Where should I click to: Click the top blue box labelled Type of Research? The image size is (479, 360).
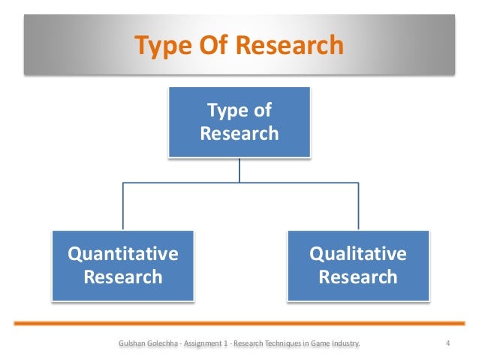239,123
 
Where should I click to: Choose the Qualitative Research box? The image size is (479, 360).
357,265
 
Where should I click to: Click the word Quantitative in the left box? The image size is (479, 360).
123,253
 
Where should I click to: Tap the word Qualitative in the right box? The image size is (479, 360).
358,253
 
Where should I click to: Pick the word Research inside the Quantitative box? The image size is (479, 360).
123,277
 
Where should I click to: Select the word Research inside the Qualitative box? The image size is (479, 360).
358,277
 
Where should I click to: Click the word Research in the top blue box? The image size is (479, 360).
239,134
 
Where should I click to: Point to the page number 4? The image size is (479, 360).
447,344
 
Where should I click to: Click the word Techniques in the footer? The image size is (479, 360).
283,344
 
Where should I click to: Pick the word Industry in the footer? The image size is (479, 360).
344,344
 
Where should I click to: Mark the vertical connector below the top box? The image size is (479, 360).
239,171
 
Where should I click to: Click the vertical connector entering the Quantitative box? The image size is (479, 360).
122,207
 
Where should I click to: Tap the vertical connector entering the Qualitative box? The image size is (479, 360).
357,207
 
